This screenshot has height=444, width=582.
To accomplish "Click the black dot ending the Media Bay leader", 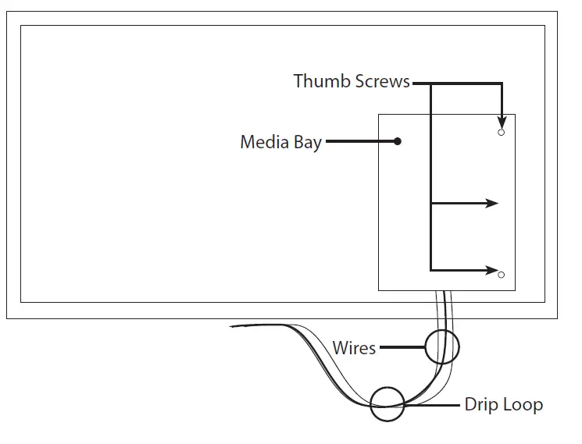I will tap(398, 142).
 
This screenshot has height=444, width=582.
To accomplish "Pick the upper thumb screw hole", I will tap(502, 133).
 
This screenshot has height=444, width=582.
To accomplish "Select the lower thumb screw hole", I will tap(502, 274).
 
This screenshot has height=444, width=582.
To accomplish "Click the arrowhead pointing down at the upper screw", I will tap(502, 123).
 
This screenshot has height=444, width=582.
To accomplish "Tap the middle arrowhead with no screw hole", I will tap(492, 204).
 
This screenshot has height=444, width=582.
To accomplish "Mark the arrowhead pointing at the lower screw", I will tap(492, 271).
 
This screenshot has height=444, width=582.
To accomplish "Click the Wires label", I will tap(354, 347).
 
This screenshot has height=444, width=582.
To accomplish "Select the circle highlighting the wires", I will tap(442, 346).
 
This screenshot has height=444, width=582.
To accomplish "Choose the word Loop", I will tap(524, 405).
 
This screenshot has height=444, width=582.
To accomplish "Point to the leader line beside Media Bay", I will tap(360, 142).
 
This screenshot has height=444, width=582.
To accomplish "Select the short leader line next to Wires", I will tap(402, 347).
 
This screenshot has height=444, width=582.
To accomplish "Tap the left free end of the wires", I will tap(233, 325).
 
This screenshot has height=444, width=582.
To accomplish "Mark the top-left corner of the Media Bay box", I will tap(379, 115).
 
